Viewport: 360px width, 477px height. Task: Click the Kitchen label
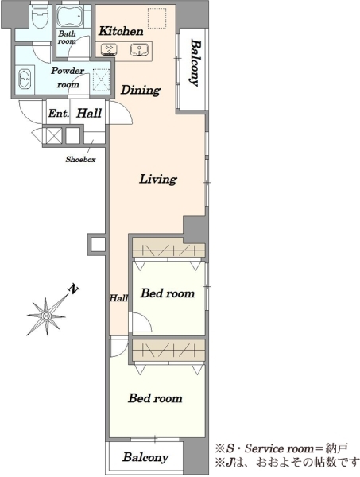point(121,31)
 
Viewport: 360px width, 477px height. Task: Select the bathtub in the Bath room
point(72,17)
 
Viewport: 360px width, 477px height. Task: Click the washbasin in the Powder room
point(25,79)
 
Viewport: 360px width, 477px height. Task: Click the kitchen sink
point(139,49)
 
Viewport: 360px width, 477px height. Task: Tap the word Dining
point(141,90)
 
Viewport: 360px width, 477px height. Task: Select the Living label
point(158,179)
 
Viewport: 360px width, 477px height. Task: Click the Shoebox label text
point(80,160)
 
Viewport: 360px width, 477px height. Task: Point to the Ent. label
point(59,114)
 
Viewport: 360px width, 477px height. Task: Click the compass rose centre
point(46,316)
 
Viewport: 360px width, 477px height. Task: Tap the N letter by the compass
point(74,289)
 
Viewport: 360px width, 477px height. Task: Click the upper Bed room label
point(168,293)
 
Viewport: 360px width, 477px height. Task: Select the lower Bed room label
point(155,398)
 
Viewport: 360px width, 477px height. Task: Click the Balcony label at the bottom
point(145,457)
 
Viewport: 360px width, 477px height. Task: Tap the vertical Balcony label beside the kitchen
point(195,63)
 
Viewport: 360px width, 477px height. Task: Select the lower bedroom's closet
point(168,351)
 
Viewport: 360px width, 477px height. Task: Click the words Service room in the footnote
point(279,448)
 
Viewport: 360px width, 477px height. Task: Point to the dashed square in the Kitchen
point(157,18)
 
